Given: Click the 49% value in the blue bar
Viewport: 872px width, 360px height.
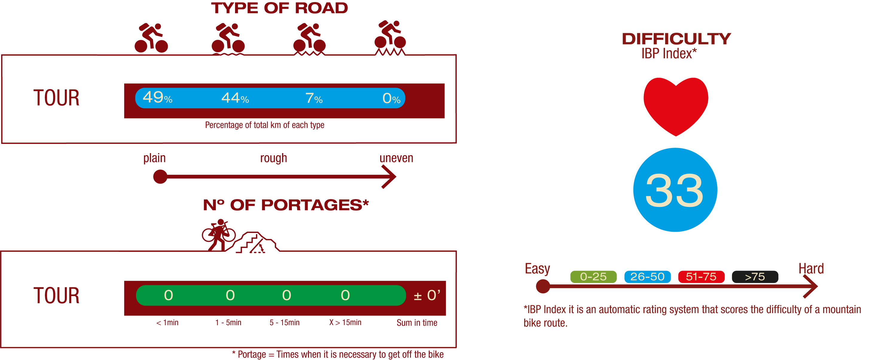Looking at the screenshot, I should coord(157,98).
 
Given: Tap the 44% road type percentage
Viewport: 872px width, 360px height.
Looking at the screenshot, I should coord(235,98).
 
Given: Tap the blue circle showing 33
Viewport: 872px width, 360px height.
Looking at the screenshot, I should coord(675,190).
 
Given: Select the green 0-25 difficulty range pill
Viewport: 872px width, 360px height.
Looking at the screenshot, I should coord(593,277).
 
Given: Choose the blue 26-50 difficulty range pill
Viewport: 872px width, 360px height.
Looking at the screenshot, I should coord(647,277).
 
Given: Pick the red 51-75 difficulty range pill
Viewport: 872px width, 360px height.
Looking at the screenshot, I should coord(701,277).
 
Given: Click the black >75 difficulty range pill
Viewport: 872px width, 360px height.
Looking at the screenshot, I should coord(755,277).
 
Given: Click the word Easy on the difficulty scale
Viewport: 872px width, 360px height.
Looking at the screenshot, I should coord(537,269).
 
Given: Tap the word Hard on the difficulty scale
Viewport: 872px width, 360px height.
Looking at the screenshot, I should coord(811,269).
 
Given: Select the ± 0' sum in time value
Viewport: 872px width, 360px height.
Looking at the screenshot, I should coord(427,295).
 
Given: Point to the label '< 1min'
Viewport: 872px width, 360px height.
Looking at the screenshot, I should coord(167,322).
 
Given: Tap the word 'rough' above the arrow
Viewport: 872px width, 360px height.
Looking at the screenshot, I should coord(274,158).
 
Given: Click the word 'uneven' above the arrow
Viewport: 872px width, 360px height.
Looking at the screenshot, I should coord(396,158).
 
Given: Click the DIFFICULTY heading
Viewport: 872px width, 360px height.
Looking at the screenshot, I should coord(676,39).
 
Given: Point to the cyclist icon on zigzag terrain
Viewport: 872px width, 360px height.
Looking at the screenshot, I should coord(390,37).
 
